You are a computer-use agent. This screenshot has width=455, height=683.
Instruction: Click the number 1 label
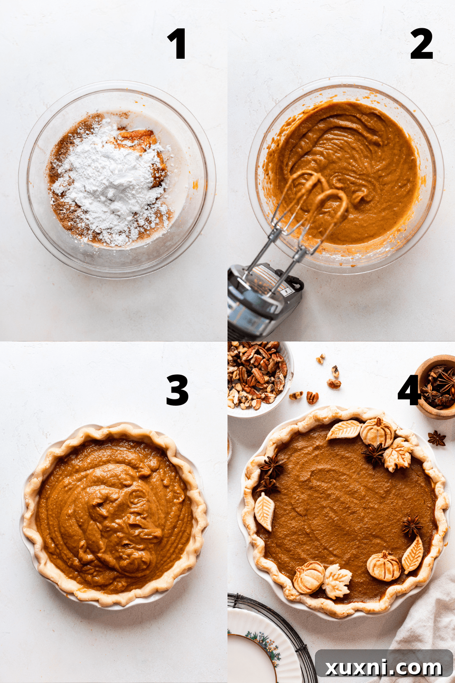(x=177, y=44)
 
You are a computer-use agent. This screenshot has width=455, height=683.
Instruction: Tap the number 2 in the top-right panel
(x=421, y=44)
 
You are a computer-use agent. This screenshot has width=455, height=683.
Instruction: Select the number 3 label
(x=177, y=390)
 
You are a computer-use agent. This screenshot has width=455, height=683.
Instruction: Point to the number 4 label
(x=408, y=390)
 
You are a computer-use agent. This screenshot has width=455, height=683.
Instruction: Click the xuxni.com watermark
(x=384, y=667)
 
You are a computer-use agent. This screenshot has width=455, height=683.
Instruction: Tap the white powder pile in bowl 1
(x=109, y=182)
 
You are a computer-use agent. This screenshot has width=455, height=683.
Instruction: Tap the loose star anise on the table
(x=436, y=438)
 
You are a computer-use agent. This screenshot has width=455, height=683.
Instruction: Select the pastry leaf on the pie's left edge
(x=264, y=511)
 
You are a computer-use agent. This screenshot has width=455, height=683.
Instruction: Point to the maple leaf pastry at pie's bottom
(x=337, y=581)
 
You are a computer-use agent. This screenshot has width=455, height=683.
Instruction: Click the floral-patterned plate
(x=255, y=647)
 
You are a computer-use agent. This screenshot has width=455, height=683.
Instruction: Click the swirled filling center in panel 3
(x=118, y=515)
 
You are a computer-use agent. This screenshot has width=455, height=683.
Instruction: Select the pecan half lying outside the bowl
(x=312, y=397)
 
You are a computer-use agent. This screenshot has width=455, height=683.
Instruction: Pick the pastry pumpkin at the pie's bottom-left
(x=308, y=577)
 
